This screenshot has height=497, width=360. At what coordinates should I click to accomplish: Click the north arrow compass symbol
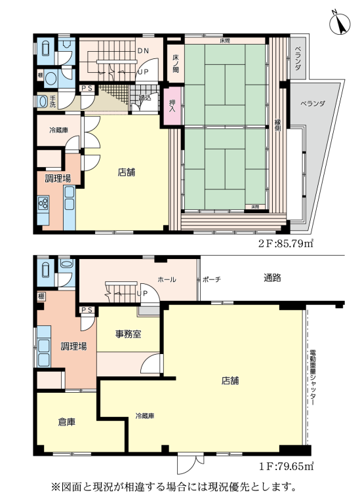[340, 23]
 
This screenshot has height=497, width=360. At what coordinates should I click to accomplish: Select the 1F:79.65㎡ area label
[287, 466]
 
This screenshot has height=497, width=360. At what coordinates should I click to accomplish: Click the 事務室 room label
[129, 334]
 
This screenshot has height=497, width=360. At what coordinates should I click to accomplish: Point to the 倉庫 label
[66, 422]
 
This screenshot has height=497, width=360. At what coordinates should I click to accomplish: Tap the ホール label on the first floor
[167, 279]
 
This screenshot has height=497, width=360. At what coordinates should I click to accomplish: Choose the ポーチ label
[211, 279]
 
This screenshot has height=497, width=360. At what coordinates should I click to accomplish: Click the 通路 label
[272, 278]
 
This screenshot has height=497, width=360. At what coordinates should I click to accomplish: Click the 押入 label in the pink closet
[172, 106]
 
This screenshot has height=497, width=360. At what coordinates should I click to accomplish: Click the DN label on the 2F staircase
[143, 50]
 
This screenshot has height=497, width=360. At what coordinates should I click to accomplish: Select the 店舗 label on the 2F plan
[127, 173]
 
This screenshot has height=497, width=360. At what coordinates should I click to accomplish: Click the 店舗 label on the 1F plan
[230, 380]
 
